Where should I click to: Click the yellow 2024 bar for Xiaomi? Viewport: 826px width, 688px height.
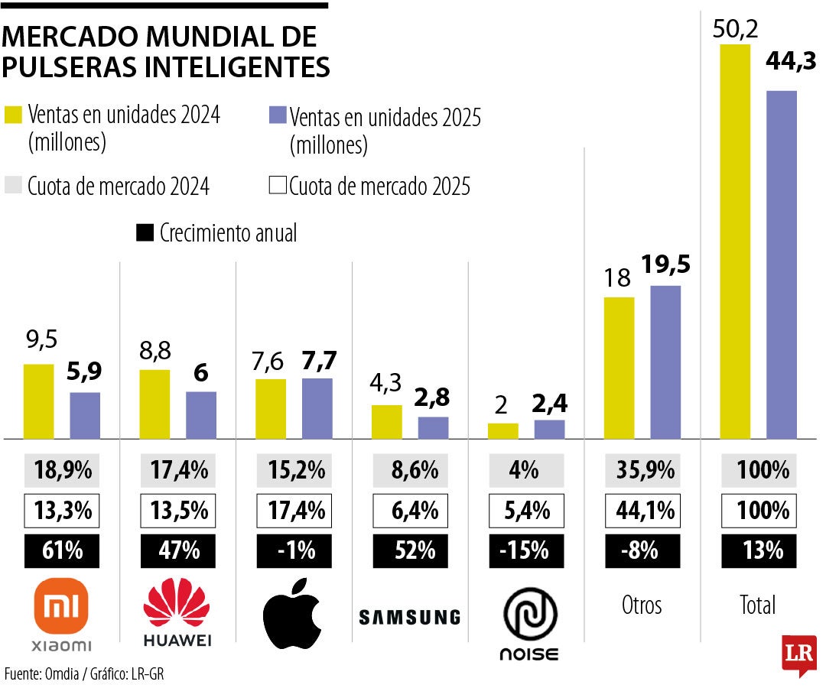[38, 401]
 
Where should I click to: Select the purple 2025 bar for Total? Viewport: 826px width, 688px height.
[781, 264]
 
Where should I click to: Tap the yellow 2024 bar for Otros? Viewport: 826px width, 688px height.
[619, 368]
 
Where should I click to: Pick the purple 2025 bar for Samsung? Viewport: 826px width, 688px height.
[433, 428]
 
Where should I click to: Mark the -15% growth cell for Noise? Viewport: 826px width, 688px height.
[526, 550]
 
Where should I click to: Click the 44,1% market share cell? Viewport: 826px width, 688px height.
[642, 510]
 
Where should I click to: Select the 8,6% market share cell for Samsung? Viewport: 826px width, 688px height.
[410, 470]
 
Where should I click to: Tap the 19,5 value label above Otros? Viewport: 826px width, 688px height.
[665, 264]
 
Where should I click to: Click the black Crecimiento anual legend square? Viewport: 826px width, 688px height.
[144, 233]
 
